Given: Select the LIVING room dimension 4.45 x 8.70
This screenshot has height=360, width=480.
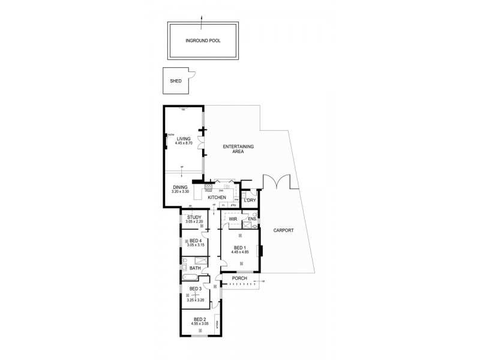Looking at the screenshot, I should [x=184, y=145].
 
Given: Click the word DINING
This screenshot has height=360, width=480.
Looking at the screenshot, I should [x=180, y=187].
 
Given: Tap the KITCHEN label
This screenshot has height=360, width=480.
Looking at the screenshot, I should [x=217, y=197].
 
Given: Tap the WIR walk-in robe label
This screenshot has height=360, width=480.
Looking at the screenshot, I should [x=233, y=219].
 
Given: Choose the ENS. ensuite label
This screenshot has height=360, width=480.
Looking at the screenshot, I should [x=253, y=220].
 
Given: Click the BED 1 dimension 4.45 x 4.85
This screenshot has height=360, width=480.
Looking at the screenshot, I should [x=239, y=252].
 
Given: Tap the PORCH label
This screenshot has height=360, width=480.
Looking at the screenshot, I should [x=240, y=278].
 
